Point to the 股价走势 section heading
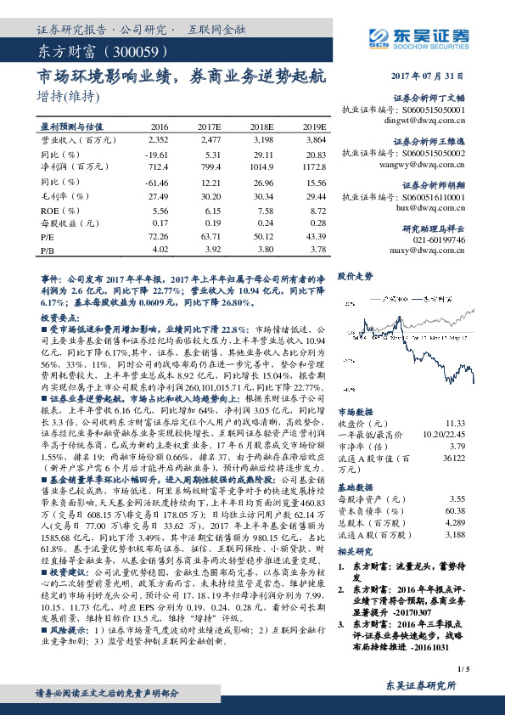356,277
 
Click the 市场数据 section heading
356,410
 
